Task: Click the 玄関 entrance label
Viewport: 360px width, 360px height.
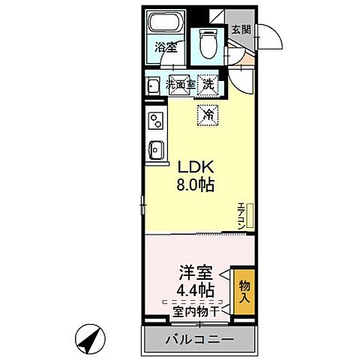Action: (240, 30)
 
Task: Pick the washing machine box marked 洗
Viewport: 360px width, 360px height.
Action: (208, 85)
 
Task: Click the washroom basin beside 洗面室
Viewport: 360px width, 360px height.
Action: (153, 85)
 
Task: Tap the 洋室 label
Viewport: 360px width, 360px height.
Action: (197, 271)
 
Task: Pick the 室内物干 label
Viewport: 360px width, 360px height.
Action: (196, 310)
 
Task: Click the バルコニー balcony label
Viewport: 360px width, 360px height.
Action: (199, 341)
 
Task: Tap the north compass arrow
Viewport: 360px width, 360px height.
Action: (92, 341)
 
